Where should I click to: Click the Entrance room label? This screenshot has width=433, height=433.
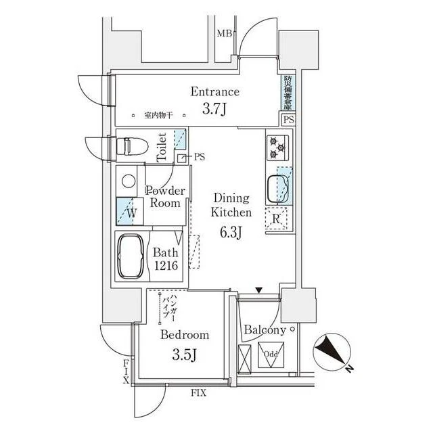click(214, 92)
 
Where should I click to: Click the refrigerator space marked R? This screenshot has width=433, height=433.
click(277, 219)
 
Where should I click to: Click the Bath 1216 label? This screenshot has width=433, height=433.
click(165, 258)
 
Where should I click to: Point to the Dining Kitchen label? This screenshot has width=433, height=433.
click(232, 205)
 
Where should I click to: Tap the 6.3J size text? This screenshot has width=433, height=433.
click(231, 234)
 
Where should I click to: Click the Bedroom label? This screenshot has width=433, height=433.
click(185, 334)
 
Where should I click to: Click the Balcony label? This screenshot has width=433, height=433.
click(265, 330)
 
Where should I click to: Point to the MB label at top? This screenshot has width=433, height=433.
click(223, 34)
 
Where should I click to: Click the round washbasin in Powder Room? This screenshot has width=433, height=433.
click(127, 181)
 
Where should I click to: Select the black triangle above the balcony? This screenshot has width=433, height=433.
click(258, 291)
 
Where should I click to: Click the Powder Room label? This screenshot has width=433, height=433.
click(165, 197)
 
